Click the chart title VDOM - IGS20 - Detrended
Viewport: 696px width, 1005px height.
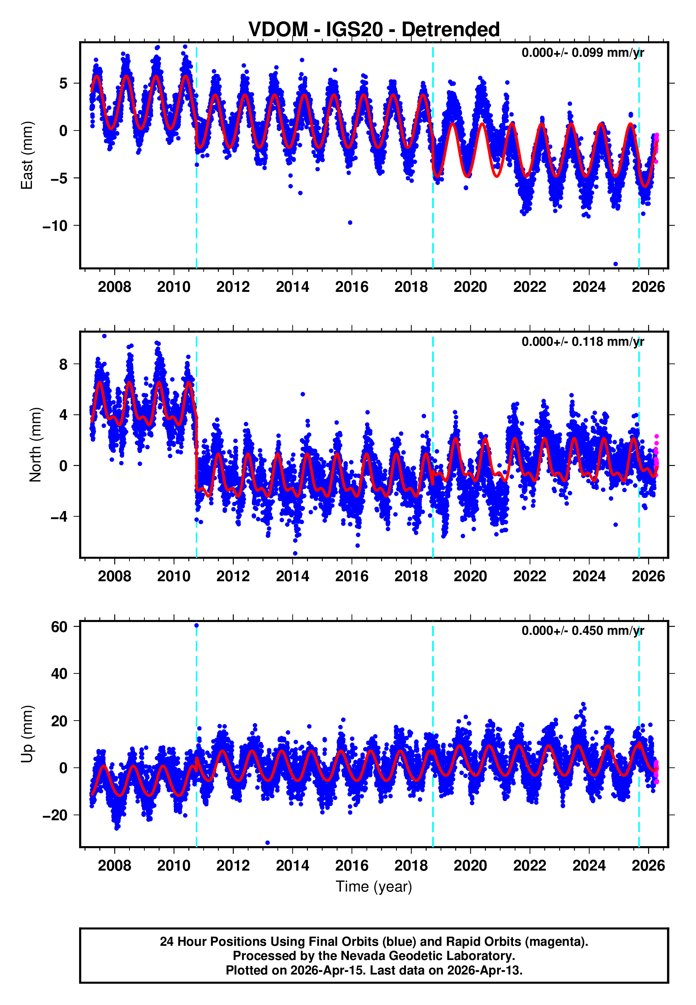pyautogui.click(x=374, y=30)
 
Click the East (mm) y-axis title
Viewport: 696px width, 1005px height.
pyautogui.click(x=27, y=155)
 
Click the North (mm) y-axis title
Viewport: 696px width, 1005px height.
pyautogui.click(x=35, y=445)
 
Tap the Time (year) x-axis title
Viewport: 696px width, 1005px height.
pyautogui.click(x=374, y=887)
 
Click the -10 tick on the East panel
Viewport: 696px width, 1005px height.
pyautogui.click(x=55, y=226)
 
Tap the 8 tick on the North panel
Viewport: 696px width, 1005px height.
pyautogui.click(x=63, y=364)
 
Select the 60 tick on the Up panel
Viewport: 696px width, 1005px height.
pyautogui.click(x=59, y=627)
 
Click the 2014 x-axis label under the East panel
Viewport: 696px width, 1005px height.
pyautogui.click(x=292, y=287)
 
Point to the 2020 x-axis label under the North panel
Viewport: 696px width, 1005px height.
pyautogui.click(x=470, y=576)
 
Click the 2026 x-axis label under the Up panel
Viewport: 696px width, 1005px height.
pyautogui.click(x=648, y=865)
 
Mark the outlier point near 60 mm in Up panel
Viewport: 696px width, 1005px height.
pyautogui.click(x=196, y=626)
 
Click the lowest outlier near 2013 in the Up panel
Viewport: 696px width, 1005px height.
pyautogui.click(x=267, y=843)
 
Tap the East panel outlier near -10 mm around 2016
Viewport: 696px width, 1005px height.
pyautogui.click(x=350, y=223)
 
